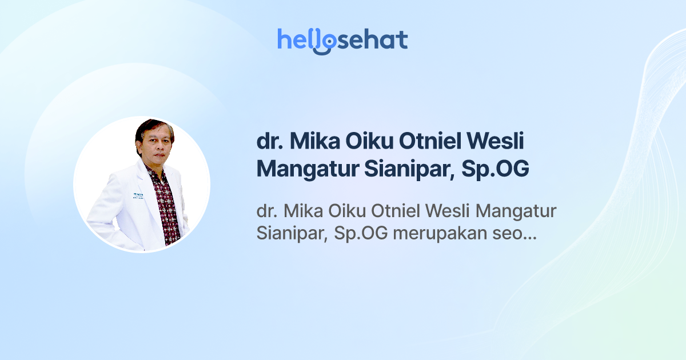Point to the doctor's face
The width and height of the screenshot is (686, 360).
coord(154,143)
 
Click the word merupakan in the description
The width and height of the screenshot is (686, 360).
coord(437,234)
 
